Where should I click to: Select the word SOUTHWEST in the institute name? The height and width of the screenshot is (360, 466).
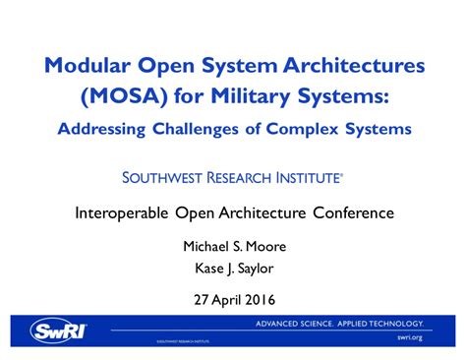tap(164, 178)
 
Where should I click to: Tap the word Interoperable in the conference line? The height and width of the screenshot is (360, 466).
tap(124, 212)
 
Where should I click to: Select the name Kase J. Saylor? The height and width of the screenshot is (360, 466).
tap(233, 268)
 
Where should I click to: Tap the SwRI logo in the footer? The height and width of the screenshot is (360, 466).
tap(58, 330)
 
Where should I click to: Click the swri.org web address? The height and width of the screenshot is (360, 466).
tap(409, 337)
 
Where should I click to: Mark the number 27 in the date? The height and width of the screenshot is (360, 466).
tap(198, 299)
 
